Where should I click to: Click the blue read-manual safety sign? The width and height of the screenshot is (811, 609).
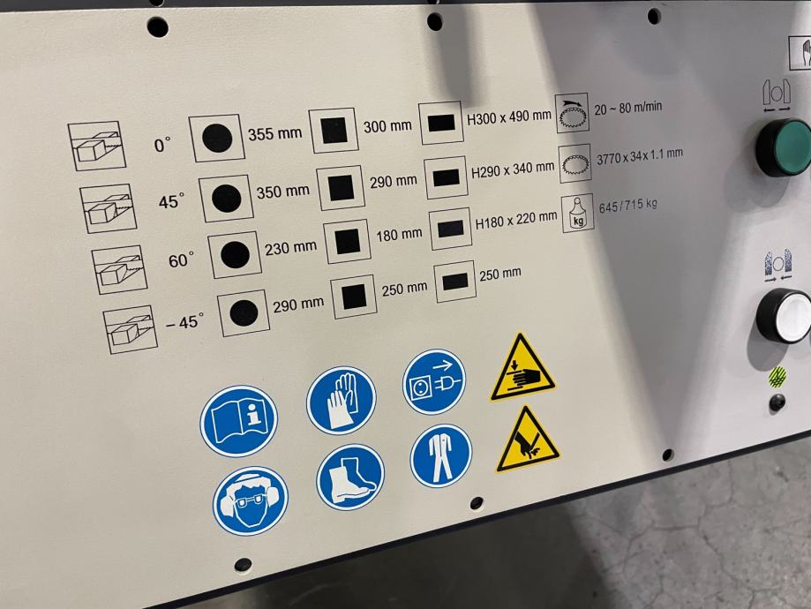coord(239,420)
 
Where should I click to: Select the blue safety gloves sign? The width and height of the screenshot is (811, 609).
coord(342,400)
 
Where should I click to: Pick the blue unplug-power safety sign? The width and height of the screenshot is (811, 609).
coord(434,380)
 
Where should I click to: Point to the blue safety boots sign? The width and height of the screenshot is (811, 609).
coord(350,477)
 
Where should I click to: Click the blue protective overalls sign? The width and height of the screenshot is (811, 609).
coord(440,455)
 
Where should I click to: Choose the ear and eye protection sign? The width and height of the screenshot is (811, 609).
coord(251,500)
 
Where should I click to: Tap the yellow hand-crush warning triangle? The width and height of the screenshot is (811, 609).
coord(522,371)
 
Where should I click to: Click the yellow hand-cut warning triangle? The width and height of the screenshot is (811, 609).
coord(527,441)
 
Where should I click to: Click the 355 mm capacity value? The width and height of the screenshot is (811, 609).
coord(274,133)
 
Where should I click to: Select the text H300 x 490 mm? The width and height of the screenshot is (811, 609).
coord(509,117)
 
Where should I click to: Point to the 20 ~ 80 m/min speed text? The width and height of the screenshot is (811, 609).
coord(628,108)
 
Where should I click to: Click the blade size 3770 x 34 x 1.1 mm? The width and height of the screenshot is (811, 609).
coord(640,156)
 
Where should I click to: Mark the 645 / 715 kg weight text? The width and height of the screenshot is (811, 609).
coord(628,206)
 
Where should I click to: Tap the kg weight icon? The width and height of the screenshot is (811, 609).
coord(578,212)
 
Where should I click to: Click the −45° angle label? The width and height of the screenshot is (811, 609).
coord(184,322)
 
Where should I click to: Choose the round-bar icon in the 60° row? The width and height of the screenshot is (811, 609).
coord(235,254)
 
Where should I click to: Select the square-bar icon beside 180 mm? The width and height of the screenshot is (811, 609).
coord(347,242)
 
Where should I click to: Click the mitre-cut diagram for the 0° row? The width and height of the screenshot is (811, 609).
coord(97,146)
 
